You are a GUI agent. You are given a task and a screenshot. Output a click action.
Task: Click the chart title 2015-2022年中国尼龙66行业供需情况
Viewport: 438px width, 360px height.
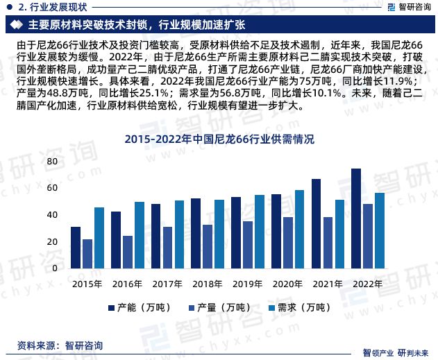point(219,139)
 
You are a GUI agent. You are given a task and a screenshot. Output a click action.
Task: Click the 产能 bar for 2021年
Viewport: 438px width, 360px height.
point(316,224)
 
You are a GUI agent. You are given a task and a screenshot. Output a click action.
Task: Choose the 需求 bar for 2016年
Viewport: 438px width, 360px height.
point(140,235)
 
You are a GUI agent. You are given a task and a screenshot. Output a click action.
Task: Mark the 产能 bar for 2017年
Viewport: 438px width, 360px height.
point(155,236)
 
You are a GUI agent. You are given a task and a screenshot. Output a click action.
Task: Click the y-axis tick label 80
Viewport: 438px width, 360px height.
point(51,161)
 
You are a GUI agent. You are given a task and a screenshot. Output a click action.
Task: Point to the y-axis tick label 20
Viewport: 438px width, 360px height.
point(51,242)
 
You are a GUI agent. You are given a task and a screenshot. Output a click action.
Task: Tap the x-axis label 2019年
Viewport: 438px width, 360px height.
point(248,284)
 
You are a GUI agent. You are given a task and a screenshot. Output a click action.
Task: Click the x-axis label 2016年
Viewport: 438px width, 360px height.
point(128,284)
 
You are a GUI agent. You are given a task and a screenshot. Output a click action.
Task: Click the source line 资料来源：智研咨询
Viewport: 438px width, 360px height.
point(60,345)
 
